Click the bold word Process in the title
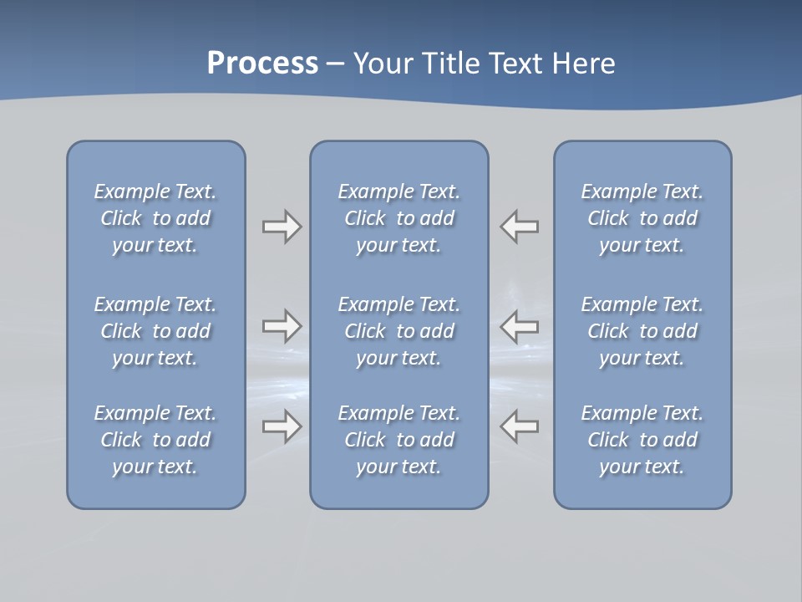[x=262, y=64]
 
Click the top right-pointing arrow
[x=282, y=227]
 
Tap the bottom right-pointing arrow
[x=282, y=426]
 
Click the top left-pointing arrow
[x=520, y=227]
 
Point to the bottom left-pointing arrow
[x=520, y=426]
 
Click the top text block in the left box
[x=155, y=218]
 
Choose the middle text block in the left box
[x=155, y=331]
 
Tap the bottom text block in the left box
[x=155, y=440]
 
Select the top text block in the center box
[x=398, y=218]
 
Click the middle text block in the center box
[x=398, y=331]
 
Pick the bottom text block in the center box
[x=398, y=440]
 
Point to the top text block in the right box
[x=642, y=218]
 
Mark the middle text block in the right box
[x=642, y=331]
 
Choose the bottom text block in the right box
[x=642, y=440]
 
